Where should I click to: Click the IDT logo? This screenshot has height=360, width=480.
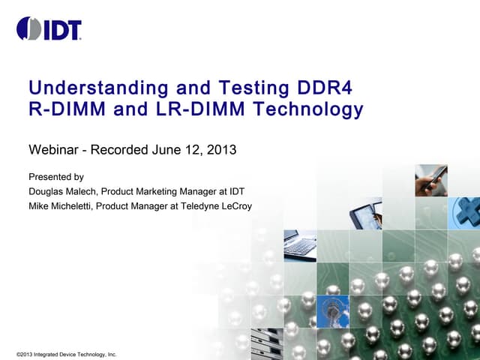tap(49, 29)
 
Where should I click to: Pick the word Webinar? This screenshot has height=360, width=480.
tap(52, 149)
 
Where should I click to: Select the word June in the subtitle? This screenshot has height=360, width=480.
tap(166, 149)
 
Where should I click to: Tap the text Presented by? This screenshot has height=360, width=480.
tap(55, 178)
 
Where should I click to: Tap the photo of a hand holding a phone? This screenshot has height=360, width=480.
tap(432, 181)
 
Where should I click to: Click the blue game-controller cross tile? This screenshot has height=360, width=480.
tap(465, 213)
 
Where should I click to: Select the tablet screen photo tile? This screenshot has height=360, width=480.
tap(366, 213)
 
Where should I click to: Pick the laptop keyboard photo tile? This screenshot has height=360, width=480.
tap(301, 244)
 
